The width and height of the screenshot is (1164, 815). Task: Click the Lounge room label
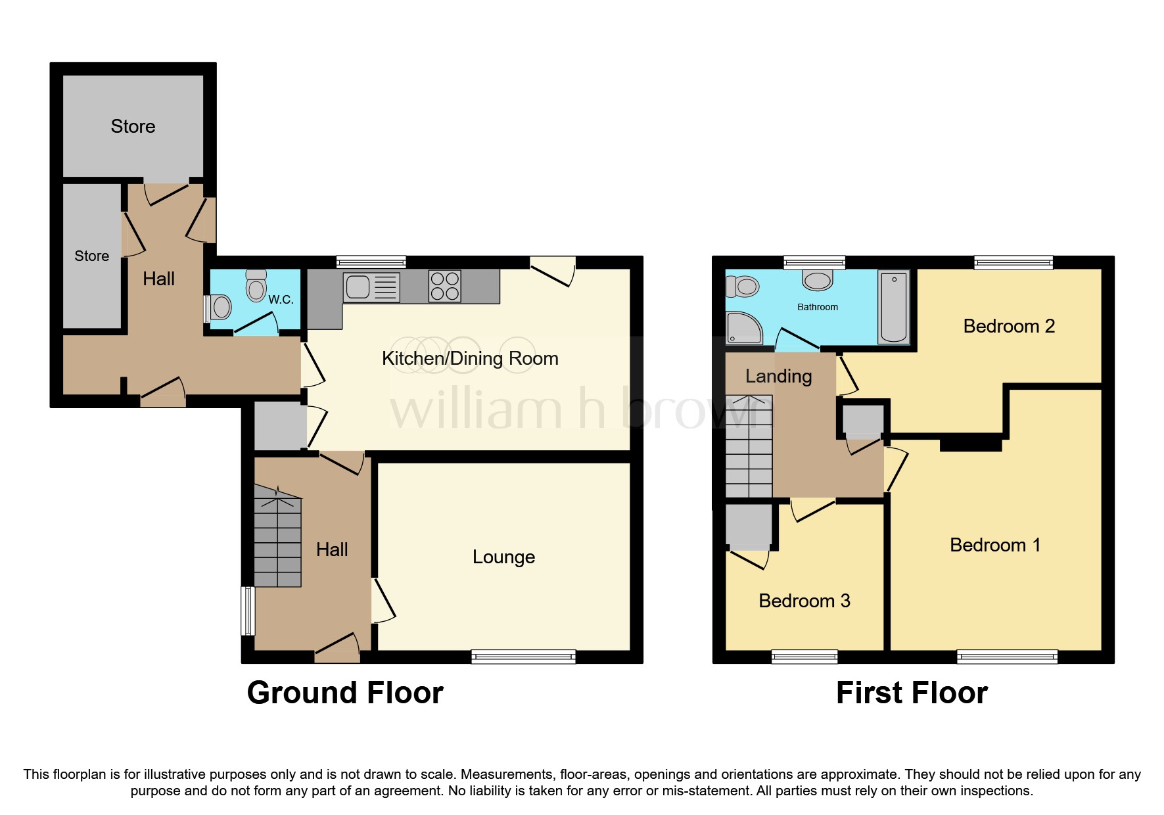(x=503, y=557)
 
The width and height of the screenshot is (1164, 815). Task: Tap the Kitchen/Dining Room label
(x=470, y=358)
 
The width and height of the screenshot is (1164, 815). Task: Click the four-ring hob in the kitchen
(x=445, y=286)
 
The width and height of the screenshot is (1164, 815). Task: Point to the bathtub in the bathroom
(x=894, y=308)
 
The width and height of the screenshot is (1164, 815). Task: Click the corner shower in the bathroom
(x=743, y=328)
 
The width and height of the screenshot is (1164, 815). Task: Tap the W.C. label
(x=281, y=300)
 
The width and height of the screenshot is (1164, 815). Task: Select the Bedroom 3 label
(x=804, y=601)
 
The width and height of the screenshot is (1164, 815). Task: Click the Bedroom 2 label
(x=1008, y=326)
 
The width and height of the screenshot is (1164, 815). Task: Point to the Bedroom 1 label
(x=994, y=545)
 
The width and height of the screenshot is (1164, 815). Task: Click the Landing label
(x=778, y=376)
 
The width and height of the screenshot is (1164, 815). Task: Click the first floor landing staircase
(x=749, y=446)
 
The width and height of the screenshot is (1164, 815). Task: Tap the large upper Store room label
(x=133, y=126)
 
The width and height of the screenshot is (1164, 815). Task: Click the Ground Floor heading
(x=345, y=693)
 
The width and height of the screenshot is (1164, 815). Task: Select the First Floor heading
(x=912, y=693)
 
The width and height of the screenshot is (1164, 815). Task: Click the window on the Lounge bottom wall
(x=523, y=656)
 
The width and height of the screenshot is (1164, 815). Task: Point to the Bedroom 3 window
(x=804, y=656)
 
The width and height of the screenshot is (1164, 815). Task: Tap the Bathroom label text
(x=817, y=307)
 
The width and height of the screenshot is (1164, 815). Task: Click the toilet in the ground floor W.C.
(x=256, y=286)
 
